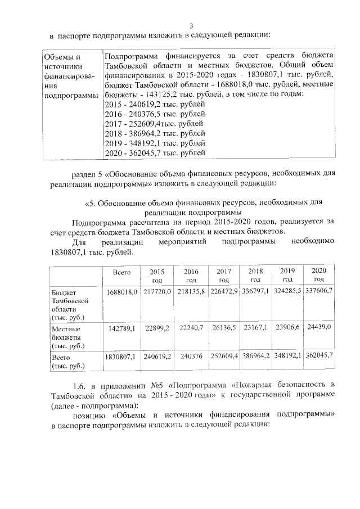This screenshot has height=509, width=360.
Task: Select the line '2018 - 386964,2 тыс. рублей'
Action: pyautogui.click(x=155, y=133)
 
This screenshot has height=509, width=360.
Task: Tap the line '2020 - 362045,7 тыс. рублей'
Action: pyautogui.click(x=155, y=152)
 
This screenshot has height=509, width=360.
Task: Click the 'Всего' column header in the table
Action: pyautogui.click(x=121, y=272)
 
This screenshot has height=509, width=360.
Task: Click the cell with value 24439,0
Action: pyautogui.click(x=319, y=326)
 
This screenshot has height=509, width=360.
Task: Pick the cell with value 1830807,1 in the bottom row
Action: pyautogui.click(x=121, y=356)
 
